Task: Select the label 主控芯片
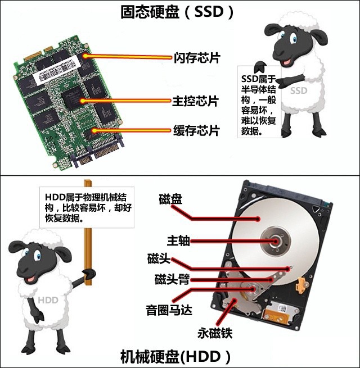195,102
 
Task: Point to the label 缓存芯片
195,131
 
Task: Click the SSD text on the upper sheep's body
299,91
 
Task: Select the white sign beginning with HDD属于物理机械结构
87,207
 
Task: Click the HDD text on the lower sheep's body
48,300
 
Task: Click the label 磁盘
170,199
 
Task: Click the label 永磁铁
215,333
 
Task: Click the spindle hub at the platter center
277,240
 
